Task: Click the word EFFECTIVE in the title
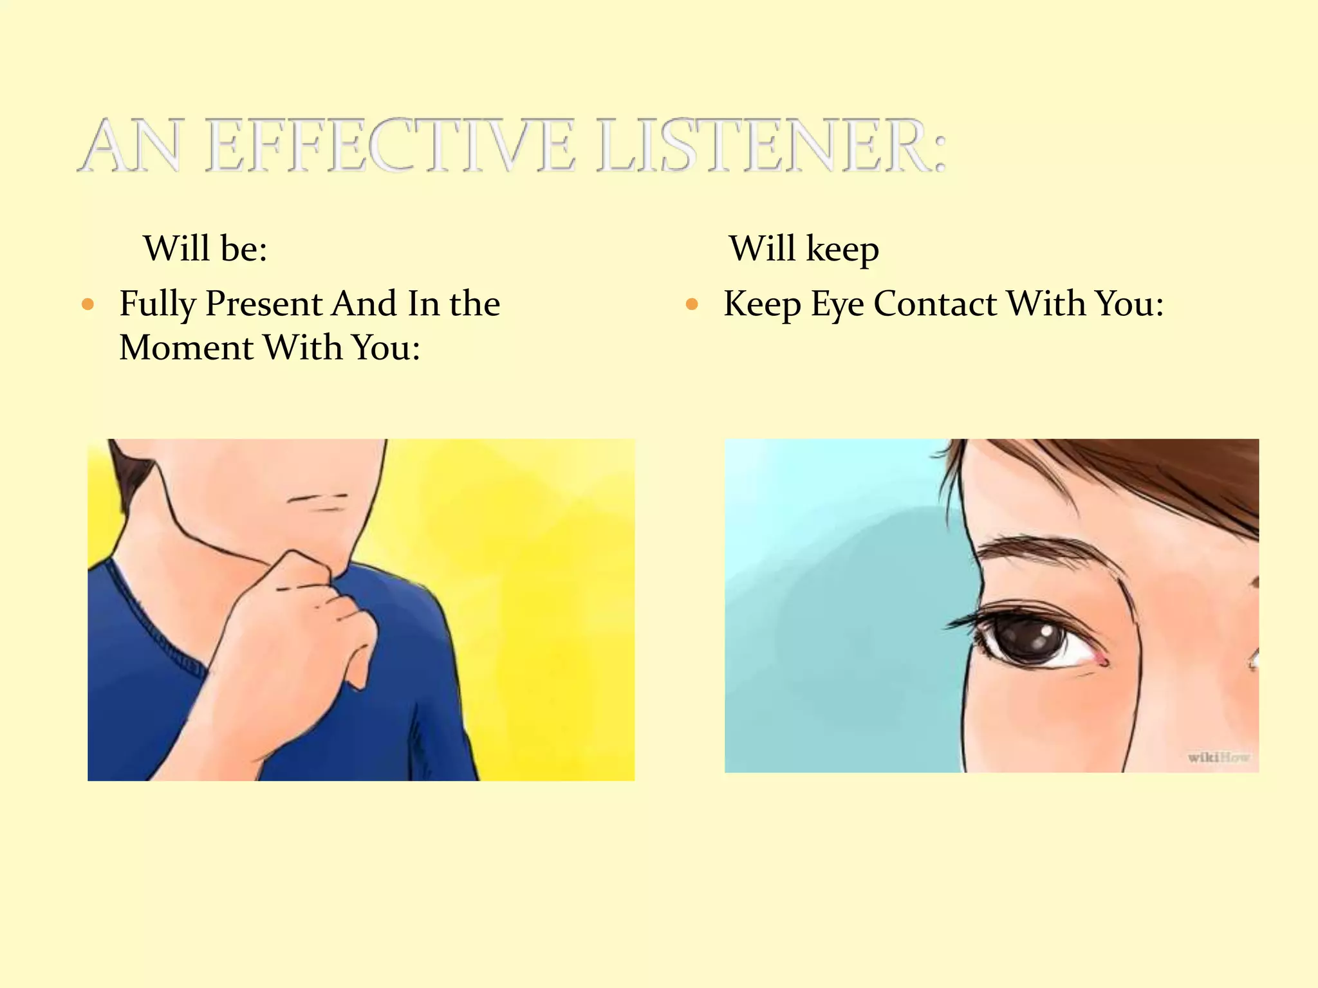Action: pos(389,146)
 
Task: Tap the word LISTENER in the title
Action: pos(771,146)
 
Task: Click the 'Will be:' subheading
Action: pos(205,248)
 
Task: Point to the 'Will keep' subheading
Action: pos(804,250)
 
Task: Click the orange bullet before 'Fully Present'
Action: pos(89,304)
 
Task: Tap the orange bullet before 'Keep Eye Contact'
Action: pos(692,304)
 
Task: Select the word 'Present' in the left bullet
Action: pos(263,304)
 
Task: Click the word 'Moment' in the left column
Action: pos(186,348)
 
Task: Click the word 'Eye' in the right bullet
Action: pos(837,305)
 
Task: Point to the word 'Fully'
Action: pos(157,305)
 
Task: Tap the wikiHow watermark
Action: pos(1218,758)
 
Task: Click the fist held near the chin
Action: pos(302,617)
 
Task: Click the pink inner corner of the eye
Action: pos(1102,659)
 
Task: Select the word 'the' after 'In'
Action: pos(474,304)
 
